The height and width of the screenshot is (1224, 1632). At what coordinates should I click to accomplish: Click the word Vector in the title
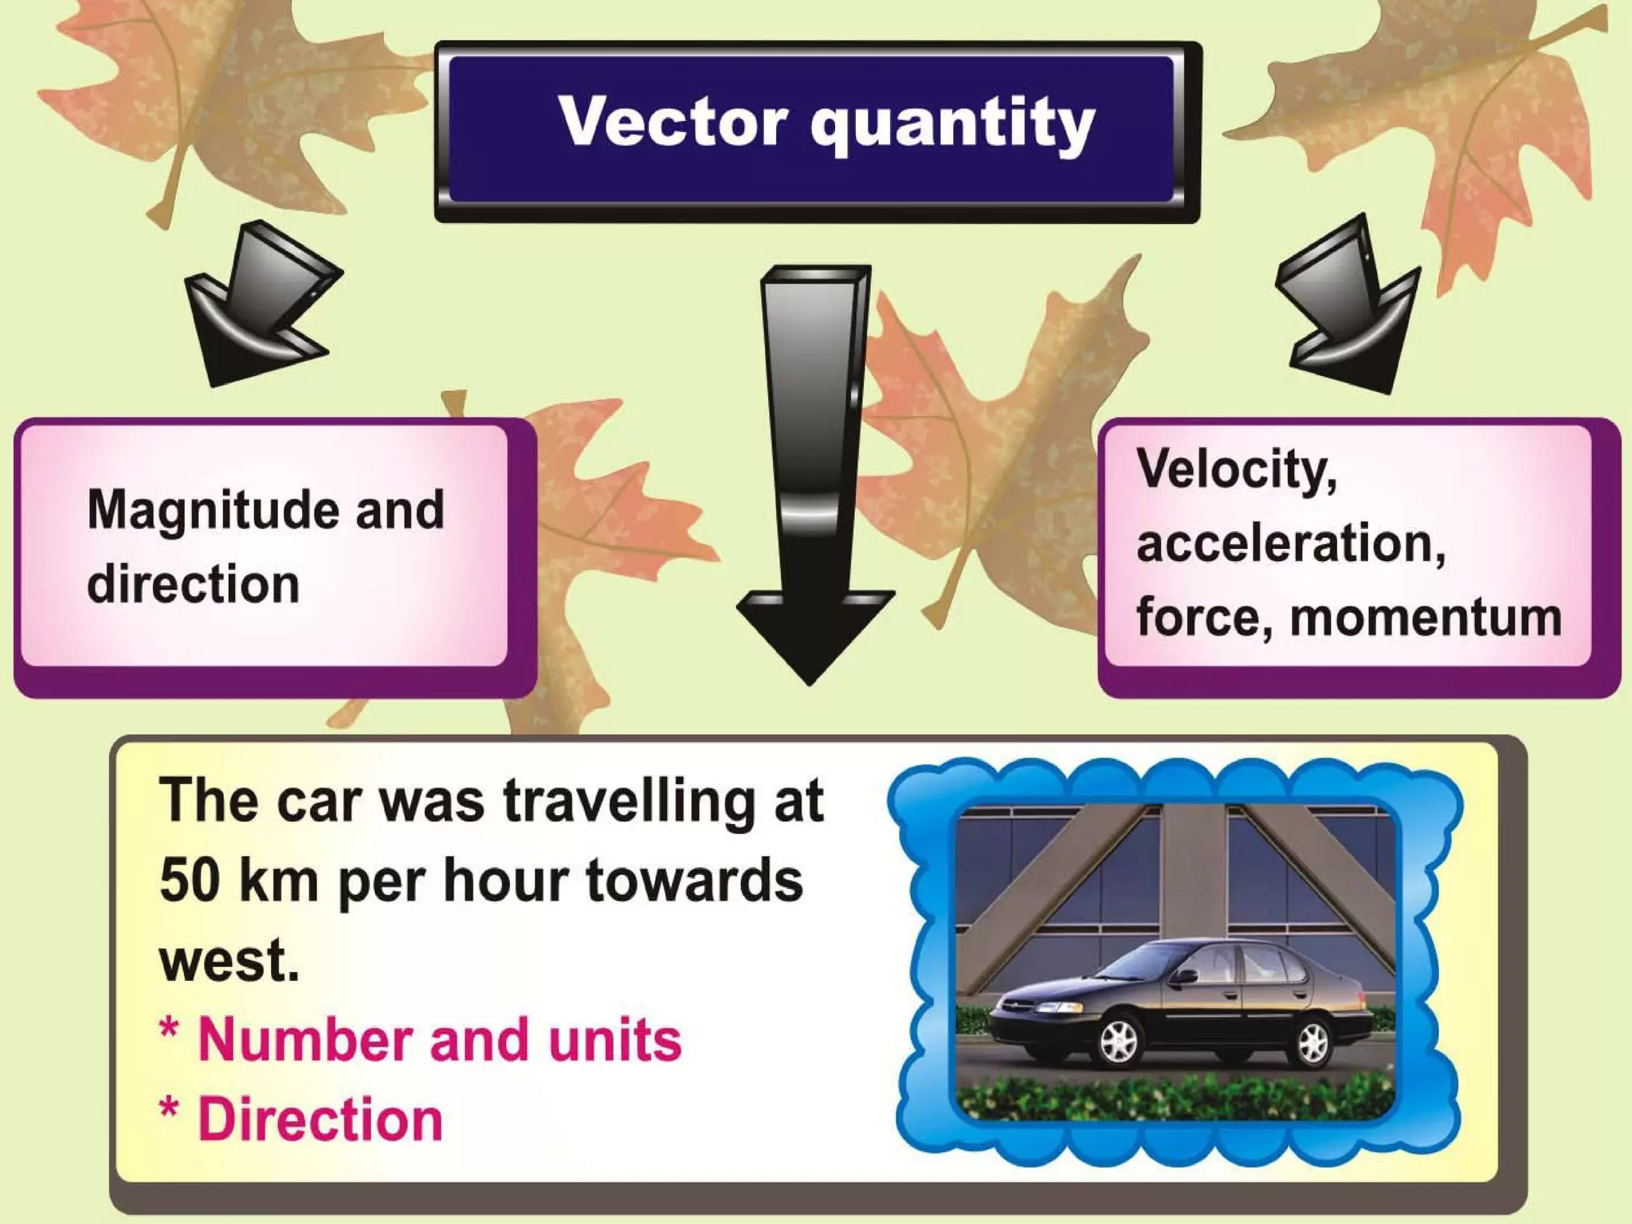(673, 121)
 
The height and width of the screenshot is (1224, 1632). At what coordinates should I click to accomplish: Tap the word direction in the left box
(193, 584)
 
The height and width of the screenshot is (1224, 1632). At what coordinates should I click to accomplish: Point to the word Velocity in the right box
(1236, 469)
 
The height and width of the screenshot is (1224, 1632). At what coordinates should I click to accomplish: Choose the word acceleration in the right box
(1290, 543)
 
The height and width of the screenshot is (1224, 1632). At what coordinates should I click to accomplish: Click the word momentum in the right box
(1426, 618)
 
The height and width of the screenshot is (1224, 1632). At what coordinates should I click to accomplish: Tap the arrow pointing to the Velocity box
(1347, 307)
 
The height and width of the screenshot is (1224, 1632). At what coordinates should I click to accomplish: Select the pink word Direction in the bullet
(320, 1120)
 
